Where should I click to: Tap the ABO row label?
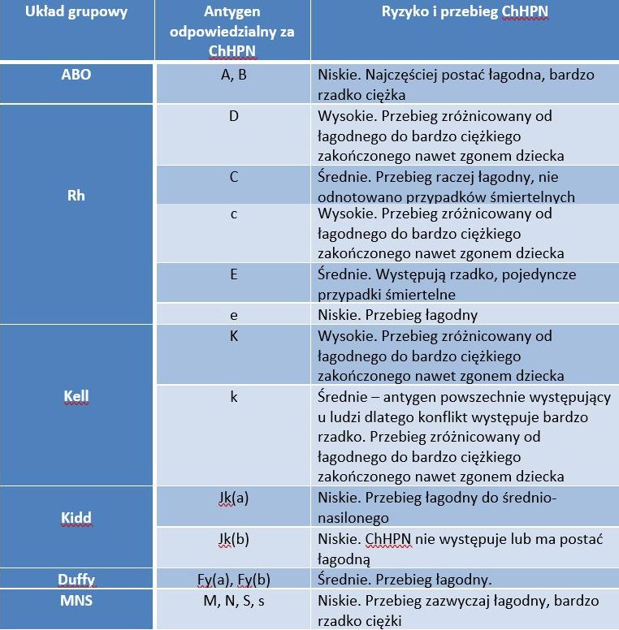[76, 75]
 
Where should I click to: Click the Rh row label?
[76, 196]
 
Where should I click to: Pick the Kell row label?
[76, 397]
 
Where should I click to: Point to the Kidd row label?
[76, 517]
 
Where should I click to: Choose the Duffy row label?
[76, 580]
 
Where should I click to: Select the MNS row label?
[76, 601]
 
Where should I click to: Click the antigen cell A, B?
[233, 75]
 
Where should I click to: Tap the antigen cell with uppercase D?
[233, 115]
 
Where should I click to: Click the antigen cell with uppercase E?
[233, 274]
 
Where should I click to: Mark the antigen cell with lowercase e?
[233, 314]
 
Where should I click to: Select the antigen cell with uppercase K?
[233, 335]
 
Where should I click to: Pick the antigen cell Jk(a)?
[232, 497]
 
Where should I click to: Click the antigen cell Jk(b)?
[232, 538]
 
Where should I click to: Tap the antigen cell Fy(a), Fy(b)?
[233, 580]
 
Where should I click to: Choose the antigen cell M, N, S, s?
[233, 601]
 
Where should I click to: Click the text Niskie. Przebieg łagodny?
[397, 315]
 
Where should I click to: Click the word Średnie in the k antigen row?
[341, 397]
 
